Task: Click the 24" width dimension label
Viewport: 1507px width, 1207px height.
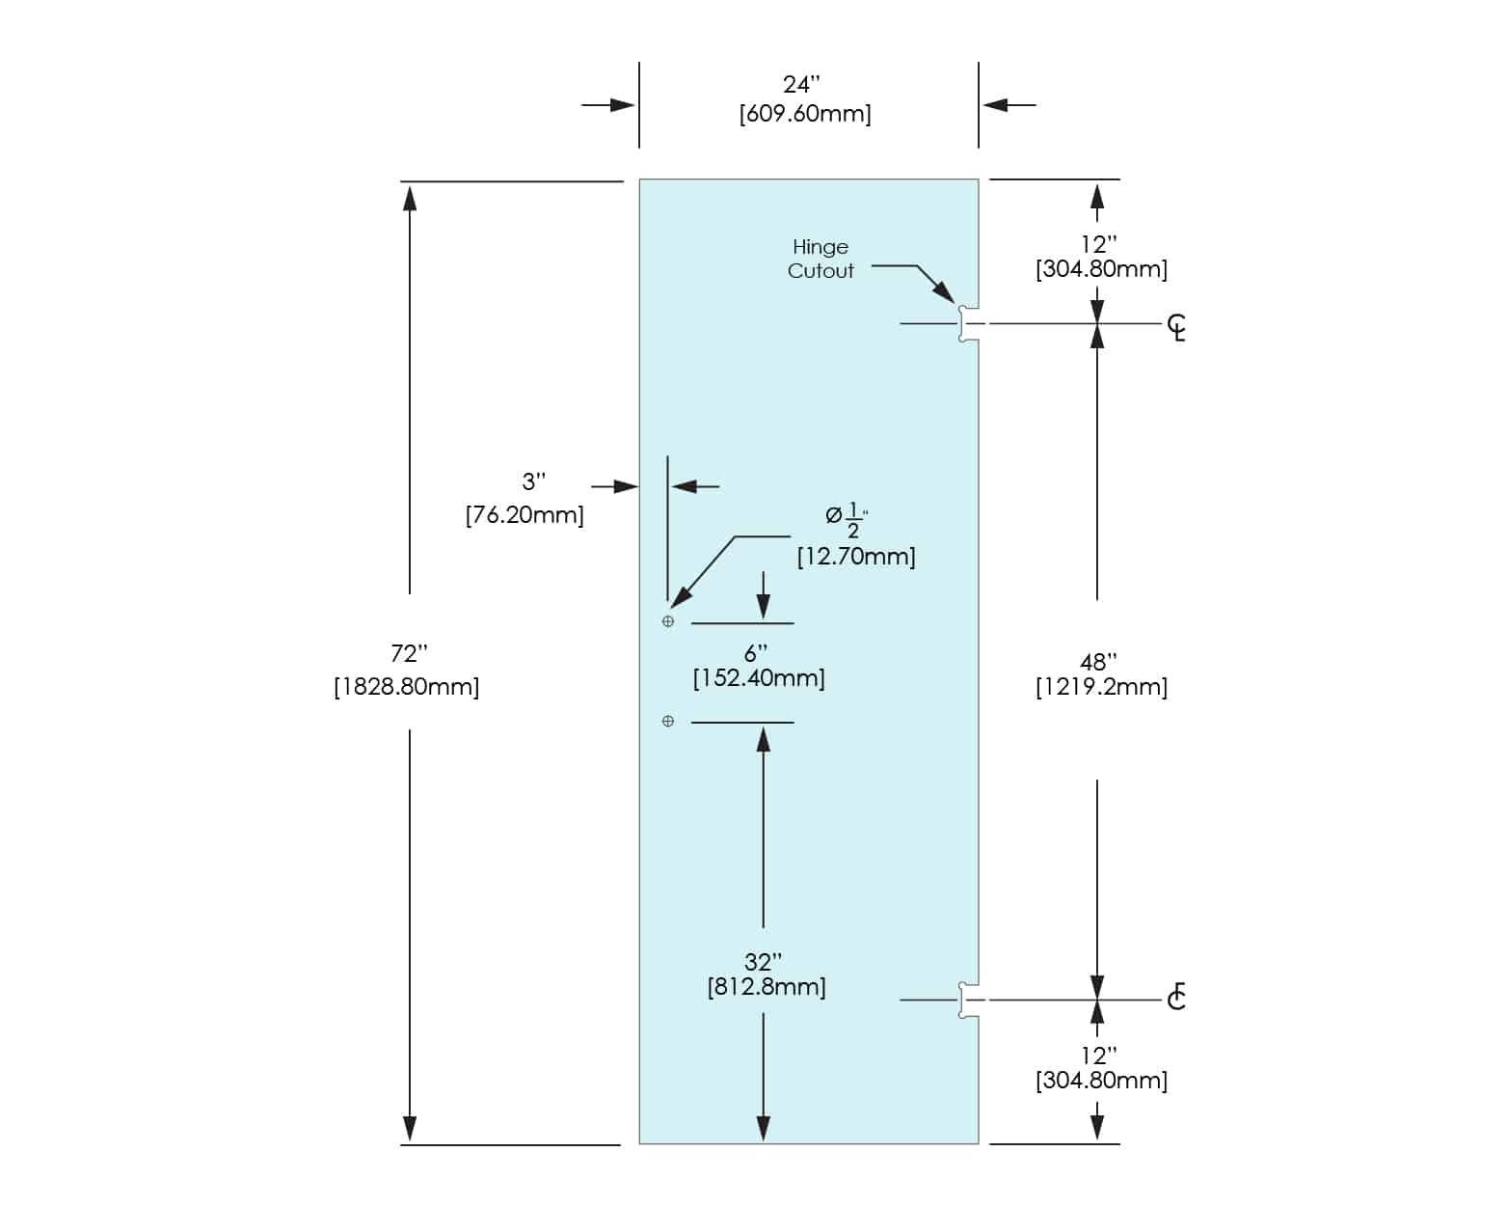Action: pos(801,85)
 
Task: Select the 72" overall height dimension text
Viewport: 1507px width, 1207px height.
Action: pos(408,654)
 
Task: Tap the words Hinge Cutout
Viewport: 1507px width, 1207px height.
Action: pos(821,259)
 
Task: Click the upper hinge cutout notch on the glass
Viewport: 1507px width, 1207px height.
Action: pos(968,324)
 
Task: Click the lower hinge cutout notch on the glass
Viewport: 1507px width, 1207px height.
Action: pos(968,1000)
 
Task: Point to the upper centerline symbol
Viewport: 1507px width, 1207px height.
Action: pos(1176,327)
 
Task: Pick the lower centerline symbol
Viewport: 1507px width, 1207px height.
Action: pos(1176,997)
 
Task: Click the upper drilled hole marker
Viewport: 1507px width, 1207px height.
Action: pos(668,621)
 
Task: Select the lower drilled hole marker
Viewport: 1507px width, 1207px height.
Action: pos(668,721)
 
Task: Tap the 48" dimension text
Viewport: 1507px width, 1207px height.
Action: pos(1098,662)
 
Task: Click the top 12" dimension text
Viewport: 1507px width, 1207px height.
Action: pos(1098,244)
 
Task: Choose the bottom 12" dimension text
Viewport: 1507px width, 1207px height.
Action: pos(1098,1056)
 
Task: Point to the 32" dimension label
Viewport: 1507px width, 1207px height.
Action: pos(763,962)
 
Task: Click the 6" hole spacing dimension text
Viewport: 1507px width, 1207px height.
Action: pos(756,653)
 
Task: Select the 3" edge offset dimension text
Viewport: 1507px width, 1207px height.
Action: pos(533,481)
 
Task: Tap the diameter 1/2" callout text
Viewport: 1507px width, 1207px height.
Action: pos(847,518)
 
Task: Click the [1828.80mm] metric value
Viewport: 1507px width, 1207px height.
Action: pos(406,687)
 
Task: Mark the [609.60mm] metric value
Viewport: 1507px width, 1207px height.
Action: pos(805,114)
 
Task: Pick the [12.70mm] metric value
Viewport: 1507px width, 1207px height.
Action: pos(855,557)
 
